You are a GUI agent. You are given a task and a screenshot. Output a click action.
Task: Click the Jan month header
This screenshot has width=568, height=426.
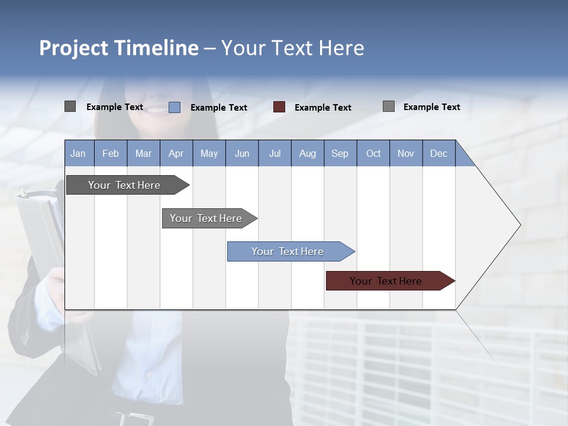[79, 153]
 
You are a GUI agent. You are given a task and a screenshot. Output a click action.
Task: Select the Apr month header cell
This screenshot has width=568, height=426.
[176, 153]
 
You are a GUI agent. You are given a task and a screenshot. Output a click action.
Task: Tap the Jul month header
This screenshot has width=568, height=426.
[275, 153]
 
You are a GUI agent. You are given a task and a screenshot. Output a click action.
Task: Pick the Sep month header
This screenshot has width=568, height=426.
[340, 153]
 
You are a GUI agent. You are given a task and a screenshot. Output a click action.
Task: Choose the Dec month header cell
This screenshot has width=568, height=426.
[438, 153]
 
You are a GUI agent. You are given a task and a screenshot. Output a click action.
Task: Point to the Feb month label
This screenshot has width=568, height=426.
[111, 153]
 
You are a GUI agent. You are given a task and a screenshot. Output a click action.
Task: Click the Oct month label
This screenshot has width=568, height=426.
[373, 153]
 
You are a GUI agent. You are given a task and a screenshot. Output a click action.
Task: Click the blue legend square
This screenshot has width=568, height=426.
[175, 107]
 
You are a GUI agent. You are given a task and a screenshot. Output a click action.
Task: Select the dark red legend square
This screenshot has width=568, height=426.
[279, 107]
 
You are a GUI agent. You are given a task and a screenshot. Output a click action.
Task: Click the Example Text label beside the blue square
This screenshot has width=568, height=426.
[218, 108]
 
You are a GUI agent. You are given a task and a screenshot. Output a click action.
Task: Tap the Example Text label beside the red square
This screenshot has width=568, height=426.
[322, 108]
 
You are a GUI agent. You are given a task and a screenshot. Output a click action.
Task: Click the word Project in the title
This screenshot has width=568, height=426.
[74, 48]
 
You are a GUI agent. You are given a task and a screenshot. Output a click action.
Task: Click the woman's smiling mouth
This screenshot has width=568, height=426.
[157, 110]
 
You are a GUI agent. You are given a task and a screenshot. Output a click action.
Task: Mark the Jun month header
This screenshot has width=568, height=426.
[242, 153]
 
